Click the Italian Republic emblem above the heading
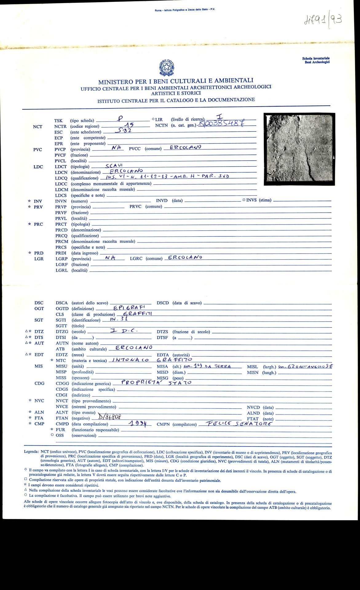pos(167,68)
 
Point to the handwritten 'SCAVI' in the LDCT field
pos(114,166)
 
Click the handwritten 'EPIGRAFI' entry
pos(129,307)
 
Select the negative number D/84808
pos(110,417)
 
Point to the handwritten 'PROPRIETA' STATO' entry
pos(156,383)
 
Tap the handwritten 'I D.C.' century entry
pos(124,331)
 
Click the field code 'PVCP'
pos(60,149)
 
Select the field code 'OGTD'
pos(62,309)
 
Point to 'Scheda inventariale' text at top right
pos(316,58)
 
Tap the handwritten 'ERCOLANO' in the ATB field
pos(134,348)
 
